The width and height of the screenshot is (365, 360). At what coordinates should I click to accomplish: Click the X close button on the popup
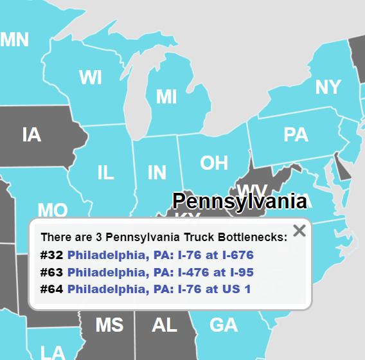tap(299, 230)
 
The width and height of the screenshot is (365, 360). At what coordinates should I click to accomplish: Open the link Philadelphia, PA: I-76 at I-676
tap(160, 255)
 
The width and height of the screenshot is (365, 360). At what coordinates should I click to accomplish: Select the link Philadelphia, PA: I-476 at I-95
tap(160, 272)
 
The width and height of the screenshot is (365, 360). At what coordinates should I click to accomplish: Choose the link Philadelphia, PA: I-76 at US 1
tap(159, 289)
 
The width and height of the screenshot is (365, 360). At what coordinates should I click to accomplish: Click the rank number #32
tap(51, 255)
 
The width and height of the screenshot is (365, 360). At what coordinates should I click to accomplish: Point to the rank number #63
tap(51, 272)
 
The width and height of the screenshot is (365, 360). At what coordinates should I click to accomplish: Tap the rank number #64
tap(51, 289)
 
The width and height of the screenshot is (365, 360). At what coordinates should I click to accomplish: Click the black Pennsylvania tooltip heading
tap(239, 201)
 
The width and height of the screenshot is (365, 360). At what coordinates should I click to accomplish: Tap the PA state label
tap(296, 135)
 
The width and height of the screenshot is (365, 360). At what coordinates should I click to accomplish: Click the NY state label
tap(328, 87)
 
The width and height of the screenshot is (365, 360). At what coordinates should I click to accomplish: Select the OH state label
tap(214, 163)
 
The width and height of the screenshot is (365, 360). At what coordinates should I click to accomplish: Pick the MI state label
tap(166, 97)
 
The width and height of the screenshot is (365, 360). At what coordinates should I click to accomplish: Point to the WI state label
tap(91, 78)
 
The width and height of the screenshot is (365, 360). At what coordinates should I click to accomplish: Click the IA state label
tap(31, 135)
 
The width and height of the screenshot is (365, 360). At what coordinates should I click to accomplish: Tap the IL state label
tap(105, 172)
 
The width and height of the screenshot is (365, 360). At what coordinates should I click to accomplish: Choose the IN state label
tap(157, 172)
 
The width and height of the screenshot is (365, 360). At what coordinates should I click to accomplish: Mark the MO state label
tap(53, 210)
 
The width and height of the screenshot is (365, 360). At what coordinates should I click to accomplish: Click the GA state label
tap(224, 325)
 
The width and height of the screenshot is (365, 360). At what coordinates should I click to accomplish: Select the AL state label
tap(165, 325)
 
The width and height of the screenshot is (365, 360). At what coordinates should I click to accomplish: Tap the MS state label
tap(109, 325)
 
